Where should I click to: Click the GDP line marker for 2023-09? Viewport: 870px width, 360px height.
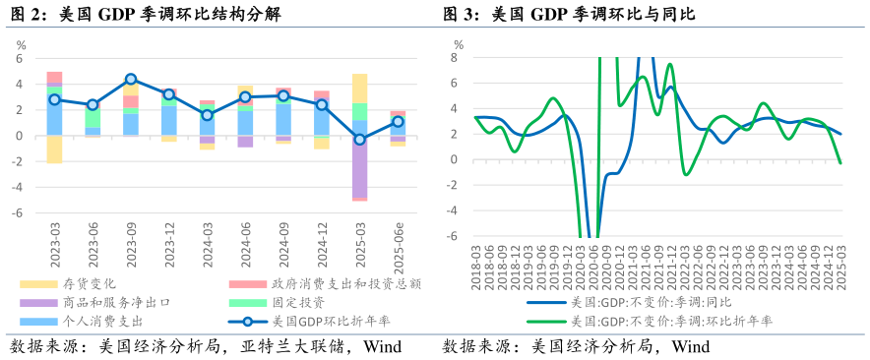point(131,79)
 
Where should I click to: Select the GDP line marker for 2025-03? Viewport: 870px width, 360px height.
point(359,140)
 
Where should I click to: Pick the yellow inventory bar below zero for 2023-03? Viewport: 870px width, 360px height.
point(55,149)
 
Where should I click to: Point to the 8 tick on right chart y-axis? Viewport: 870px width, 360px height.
point(454,57)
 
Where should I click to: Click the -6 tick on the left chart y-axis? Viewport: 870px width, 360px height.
point(17,212)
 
